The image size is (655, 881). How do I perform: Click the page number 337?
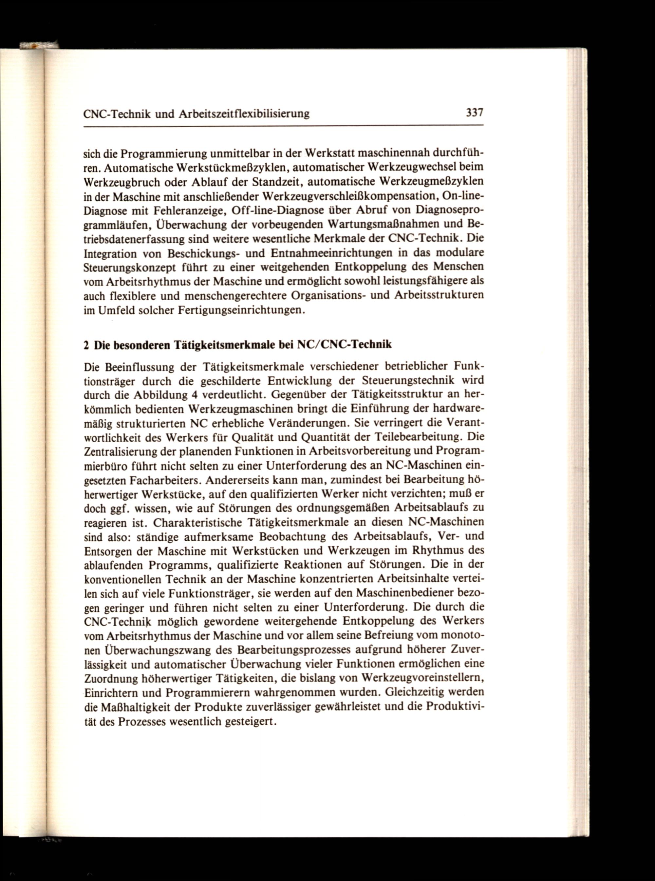(474, 113)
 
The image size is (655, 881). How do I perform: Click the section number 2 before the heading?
(86, 345)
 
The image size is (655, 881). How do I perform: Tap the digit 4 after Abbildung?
(194, 395)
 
